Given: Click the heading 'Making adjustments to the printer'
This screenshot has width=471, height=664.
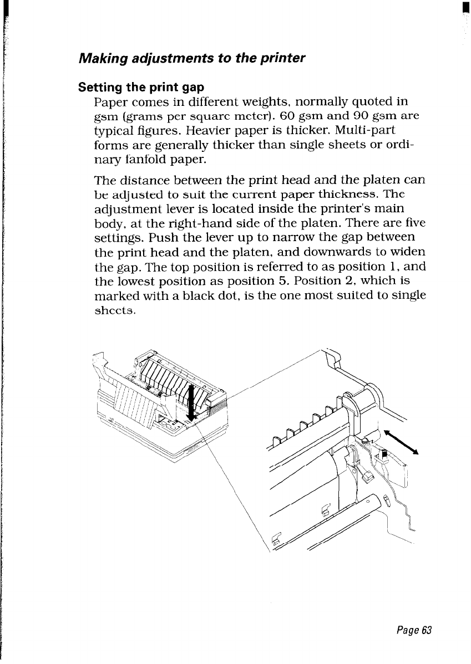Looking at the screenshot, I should click(x=192, y=58).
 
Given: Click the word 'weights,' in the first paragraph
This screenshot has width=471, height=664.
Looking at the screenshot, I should click(x=277, y=102).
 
